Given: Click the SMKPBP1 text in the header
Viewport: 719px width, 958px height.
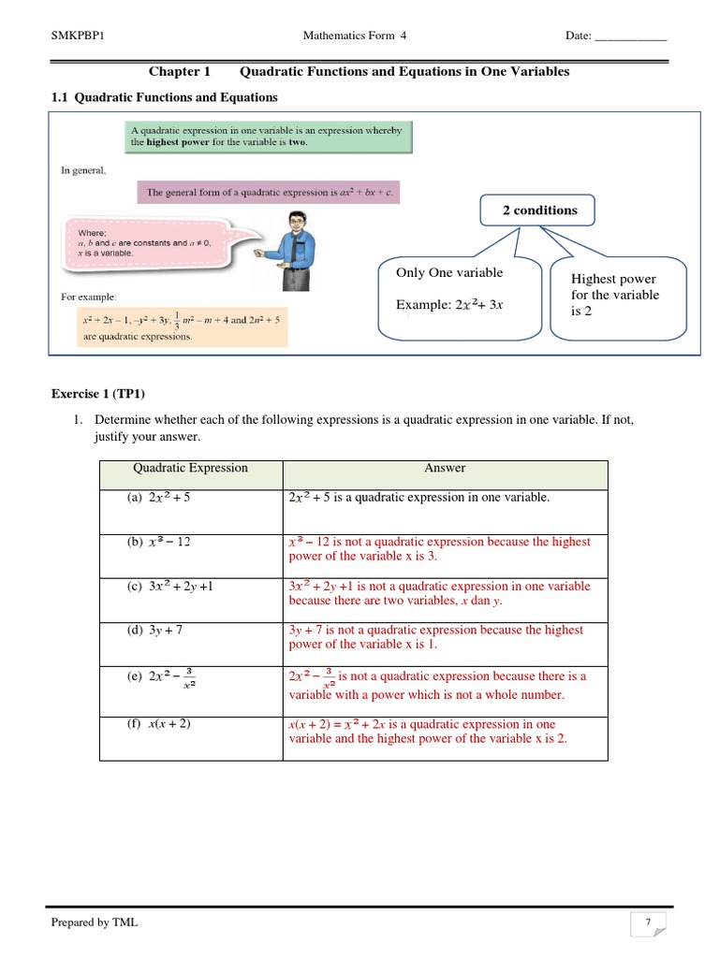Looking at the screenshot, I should pos(77,36).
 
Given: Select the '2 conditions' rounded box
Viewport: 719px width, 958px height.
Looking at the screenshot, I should pos(539,210).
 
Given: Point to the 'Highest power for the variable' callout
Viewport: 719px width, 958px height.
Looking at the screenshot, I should pos(617,296).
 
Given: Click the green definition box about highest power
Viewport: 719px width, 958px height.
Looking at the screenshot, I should pos(267,137).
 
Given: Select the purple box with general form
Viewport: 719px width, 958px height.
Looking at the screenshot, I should pos(268,193).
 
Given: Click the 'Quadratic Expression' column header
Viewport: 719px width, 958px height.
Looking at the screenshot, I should pos(190,469).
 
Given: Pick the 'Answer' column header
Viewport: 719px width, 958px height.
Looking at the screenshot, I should pos(445,469).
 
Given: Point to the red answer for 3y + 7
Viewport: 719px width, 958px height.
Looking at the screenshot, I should pos(436,637).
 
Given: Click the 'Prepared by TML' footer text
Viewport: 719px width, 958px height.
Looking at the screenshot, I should pos(95,922).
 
